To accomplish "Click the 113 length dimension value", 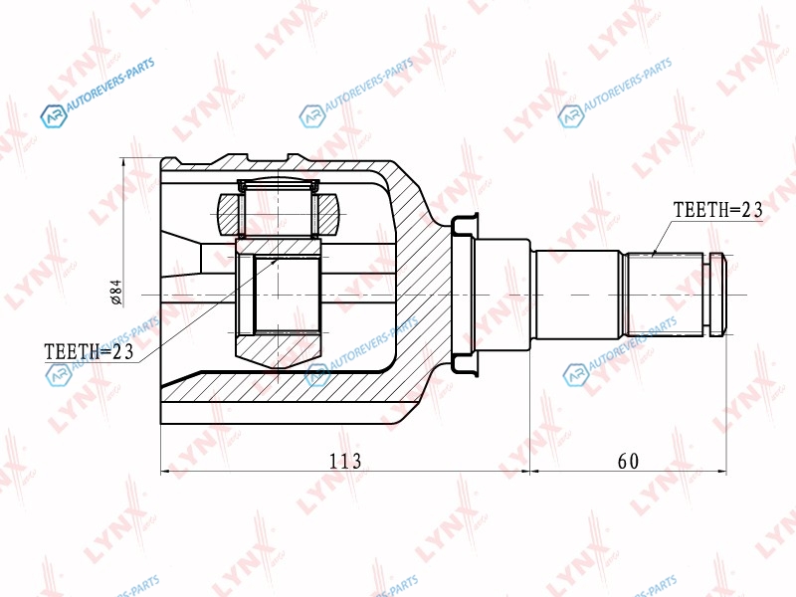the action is tap(345, 461).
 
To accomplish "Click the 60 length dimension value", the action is tap(628, 461).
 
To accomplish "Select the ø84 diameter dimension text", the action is tap(116, 292).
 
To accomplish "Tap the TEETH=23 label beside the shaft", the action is tap(717, 209).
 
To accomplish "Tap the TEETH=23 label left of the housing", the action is tap(89, 351).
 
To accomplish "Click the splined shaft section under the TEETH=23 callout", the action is tap(665, 295).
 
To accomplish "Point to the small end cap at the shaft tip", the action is tap(717, 295).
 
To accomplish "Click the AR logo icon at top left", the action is tap(54, 116).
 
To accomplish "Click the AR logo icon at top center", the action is tap(312, 116).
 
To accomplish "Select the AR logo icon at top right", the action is tap(570, 116).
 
